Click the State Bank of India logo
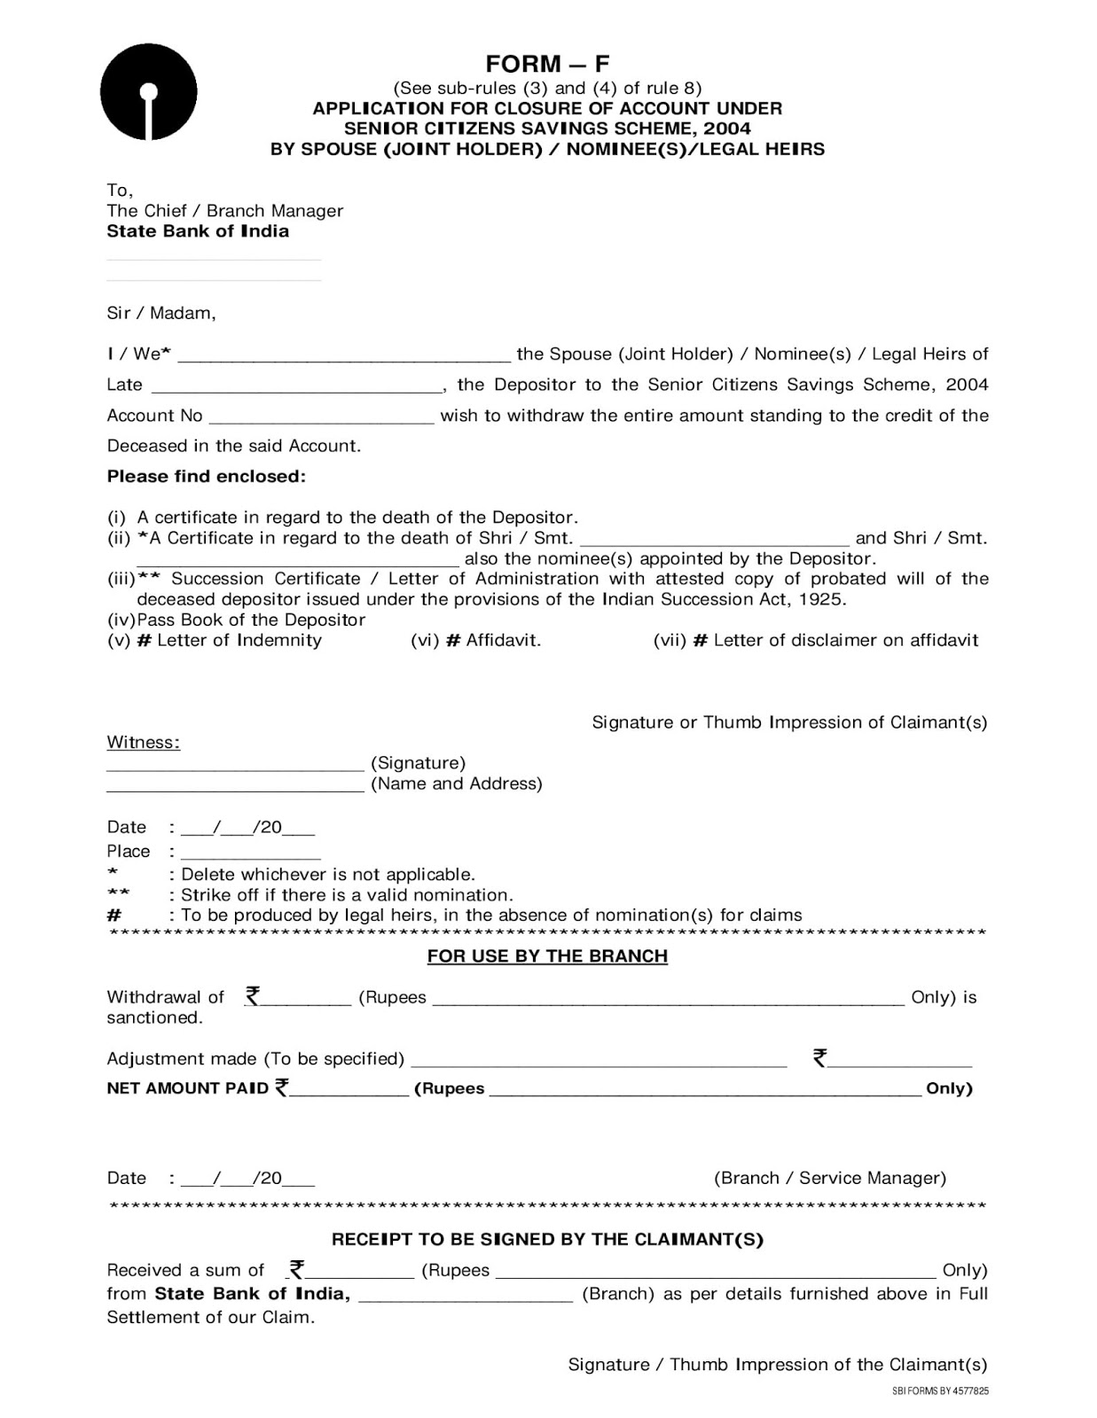point(148,92)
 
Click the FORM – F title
point(547,64)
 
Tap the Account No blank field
point(321,417)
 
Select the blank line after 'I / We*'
point(344,355)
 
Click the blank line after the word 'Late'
point(297,386)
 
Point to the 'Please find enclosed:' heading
point(206,477)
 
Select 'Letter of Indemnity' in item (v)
point(239,641)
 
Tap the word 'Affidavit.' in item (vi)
point(503,641)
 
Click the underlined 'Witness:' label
point(143,743)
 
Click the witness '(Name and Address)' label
point(456,784)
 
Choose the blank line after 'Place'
point(250,853)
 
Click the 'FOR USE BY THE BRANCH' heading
point(547,956)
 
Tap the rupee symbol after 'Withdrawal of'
point(253,996)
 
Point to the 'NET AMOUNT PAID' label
point(187,1088)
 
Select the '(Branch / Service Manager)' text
point(829,1179)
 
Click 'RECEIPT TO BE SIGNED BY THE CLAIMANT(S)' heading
point(547,1240)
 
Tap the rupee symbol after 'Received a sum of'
point(297,1270)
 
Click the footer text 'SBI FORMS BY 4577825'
point(939,1391)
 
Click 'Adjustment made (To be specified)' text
point(255,1059)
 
